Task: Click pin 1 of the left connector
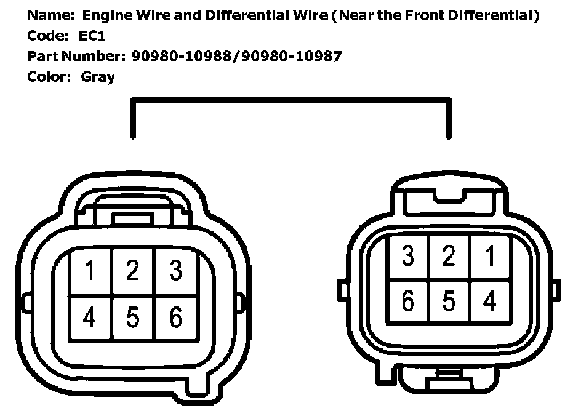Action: click(x=90, y=271)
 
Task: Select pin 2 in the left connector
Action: click(x=133, y=271)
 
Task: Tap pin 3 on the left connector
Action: click(x=176, y=271)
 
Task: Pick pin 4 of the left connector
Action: click(x=90, y=317)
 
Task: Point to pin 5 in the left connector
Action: click(x=133, y=317)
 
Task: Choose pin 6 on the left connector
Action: click(x=176, y=317)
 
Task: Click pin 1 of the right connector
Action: click(x=489, y=257)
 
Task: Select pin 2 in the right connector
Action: click(x=449, y=257)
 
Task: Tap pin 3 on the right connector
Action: click(x=407, y=257)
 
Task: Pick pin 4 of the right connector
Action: click(x=489, y=302)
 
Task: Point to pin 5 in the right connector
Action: click(x=449, y=302)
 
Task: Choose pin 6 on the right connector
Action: click(x=407, y=302)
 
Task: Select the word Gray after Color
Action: click(x=98, y=78)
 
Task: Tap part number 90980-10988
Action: click(x=184, y=57)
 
